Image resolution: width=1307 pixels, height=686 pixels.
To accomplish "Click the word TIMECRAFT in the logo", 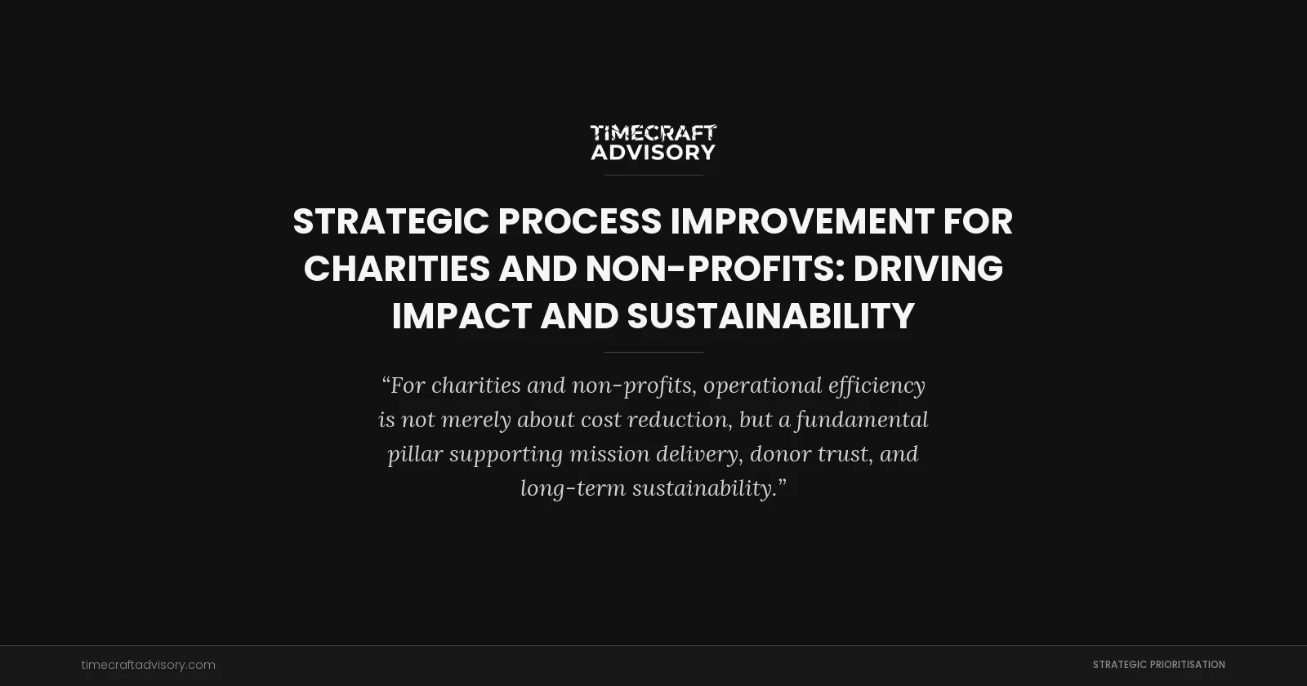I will tap(653, 133).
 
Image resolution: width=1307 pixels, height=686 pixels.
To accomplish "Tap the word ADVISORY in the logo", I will tap(653, 152).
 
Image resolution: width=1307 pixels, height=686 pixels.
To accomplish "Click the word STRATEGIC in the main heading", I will tap(390, 221).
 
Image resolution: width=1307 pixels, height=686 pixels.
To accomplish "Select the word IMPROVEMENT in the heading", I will tap(802, 221).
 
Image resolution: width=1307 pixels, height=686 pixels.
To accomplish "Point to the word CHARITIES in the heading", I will tap(397, 269).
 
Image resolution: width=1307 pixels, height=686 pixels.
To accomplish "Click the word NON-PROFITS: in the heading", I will tap(715, 269).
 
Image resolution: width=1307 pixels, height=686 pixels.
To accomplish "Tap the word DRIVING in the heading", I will tap(928, 269).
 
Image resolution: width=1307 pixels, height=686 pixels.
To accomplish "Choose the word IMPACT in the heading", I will tap(462, 316).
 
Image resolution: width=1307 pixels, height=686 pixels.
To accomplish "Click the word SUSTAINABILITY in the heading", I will tap(770, 316).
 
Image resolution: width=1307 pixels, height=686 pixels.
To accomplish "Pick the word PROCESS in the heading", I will tap(580, 221).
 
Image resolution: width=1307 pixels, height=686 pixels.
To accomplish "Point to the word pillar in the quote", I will tap(414, 454).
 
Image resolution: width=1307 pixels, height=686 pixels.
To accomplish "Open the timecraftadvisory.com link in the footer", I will tap(149, 665).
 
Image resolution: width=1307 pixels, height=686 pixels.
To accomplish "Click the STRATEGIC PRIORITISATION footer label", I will tap(1158, 665).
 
